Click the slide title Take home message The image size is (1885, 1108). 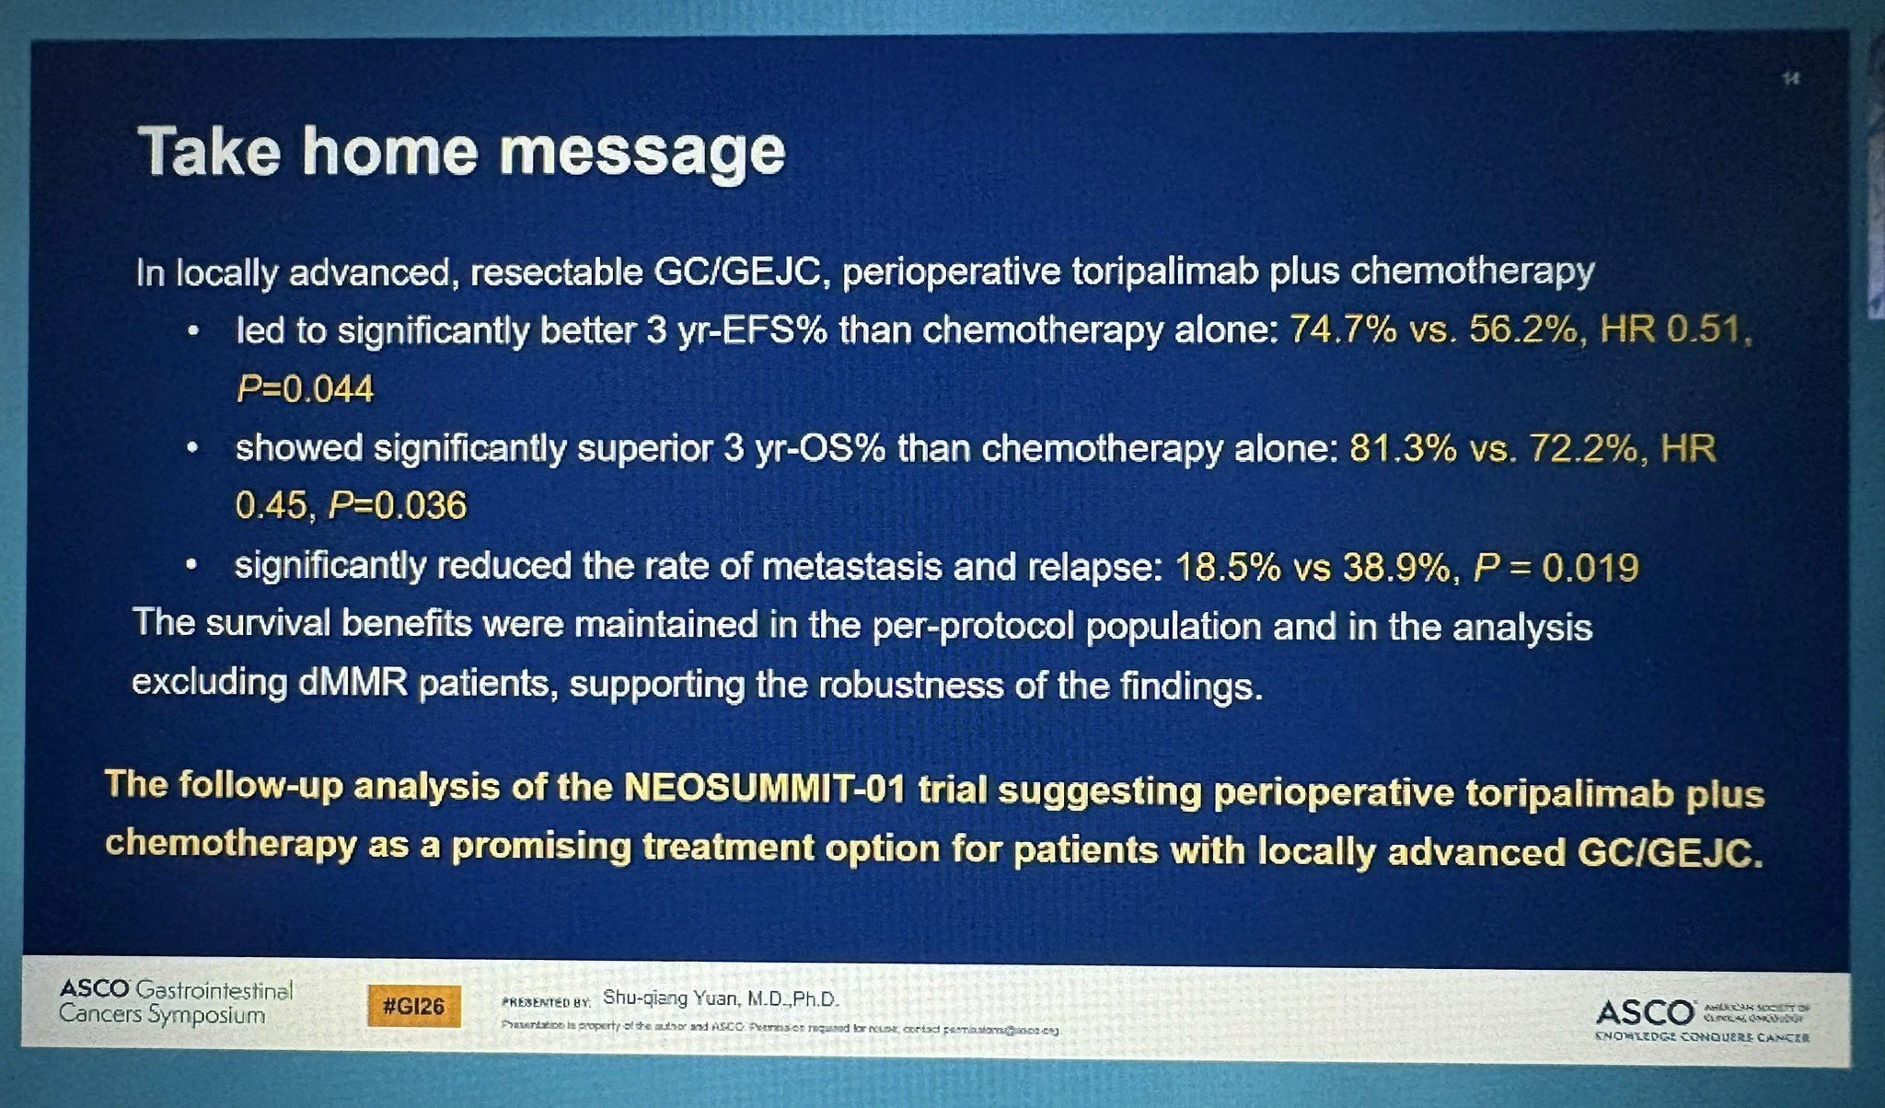pyautogui.click(x=461, y=152)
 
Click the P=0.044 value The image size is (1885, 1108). pyautogui.click(x=305, y=389)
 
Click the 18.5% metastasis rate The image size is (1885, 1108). pyautogui.click(x=1228, y=567)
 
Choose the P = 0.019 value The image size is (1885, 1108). pyautogui.click(x=1555, y=567)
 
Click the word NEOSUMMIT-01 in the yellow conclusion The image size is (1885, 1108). pyautogui.click(x=766, y=789)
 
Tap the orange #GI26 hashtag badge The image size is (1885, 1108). pyautogui.click(x=413, y=1007)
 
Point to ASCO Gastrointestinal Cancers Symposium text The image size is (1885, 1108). pyautogui.click(x=176, y=1002)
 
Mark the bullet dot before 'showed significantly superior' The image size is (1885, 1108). pyautogui.click(x=191, y=450)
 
